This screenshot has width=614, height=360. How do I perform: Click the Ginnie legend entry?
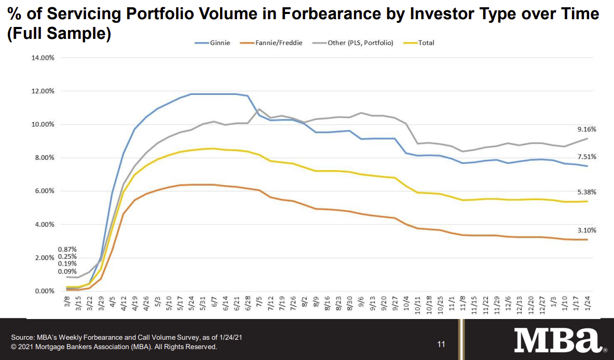pos(217,43)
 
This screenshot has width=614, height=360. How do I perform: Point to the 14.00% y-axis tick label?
pos(43,58)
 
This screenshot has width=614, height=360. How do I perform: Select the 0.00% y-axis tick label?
pos(45,291)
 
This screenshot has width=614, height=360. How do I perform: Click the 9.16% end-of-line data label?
pos(586,129)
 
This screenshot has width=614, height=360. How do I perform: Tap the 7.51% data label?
pos(586,157)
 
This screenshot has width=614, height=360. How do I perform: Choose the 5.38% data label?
pos(586,192)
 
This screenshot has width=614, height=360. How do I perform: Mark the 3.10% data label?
pos(586,230)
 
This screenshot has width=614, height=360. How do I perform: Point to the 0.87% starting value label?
pos(67,250)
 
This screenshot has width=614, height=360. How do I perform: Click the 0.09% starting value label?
pos(67,271)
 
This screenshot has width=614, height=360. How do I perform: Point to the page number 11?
pos(441,344)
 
